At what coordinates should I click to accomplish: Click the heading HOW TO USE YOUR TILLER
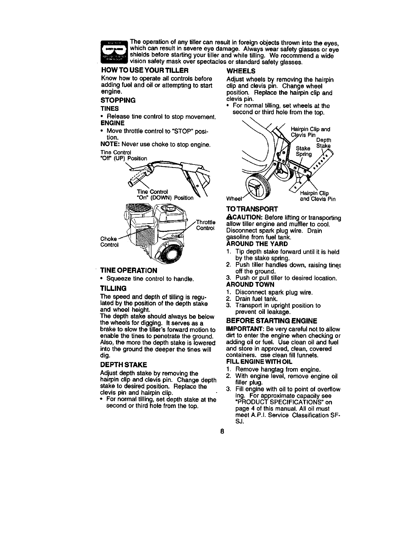tap(145, 71)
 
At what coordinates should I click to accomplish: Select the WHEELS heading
tap(241, 71)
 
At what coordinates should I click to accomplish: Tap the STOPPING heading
tap(118, 100)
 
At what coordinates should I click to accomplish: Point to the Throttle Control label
tap(205, 225)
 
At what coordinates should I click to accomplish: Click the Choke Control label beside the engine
tap(109, 242)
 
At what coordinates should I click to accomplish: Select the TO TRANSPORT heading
tap(252, 209)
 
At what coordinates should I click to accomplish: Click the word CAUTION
tap(243, 218)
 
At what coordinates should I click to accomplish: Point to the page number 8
tap(223, 431)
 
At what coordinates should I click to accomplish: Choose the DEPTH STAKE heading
tap(124, 364)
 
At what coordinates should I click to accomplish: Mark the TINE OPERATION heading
tap(128, 270)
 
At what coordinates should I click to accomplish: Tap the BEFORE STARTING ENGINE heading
tap(271, 321)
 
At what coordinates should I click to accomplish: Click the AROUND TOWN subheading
tap(250, 284)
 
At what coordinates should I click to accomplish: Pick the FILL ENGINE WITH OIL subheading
tap(260, 362)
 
